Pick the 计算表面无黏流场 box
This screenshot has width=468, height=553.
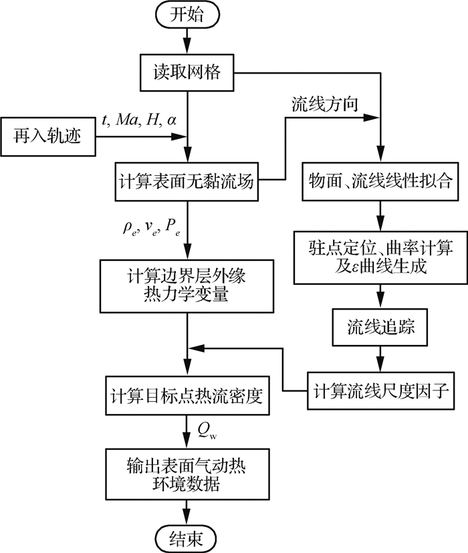pos(188,180)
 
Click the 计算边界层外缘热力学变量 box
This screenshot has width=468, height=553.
pos(188,284)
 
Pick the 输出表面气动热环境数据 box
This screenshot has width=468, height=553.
pos(188,473)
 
